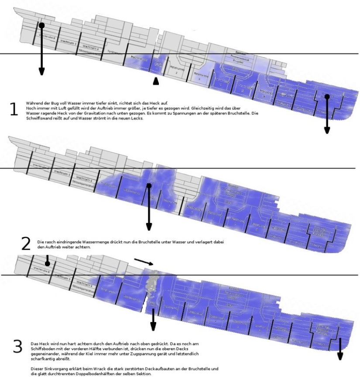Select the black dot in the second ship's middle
coord(149,186)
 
